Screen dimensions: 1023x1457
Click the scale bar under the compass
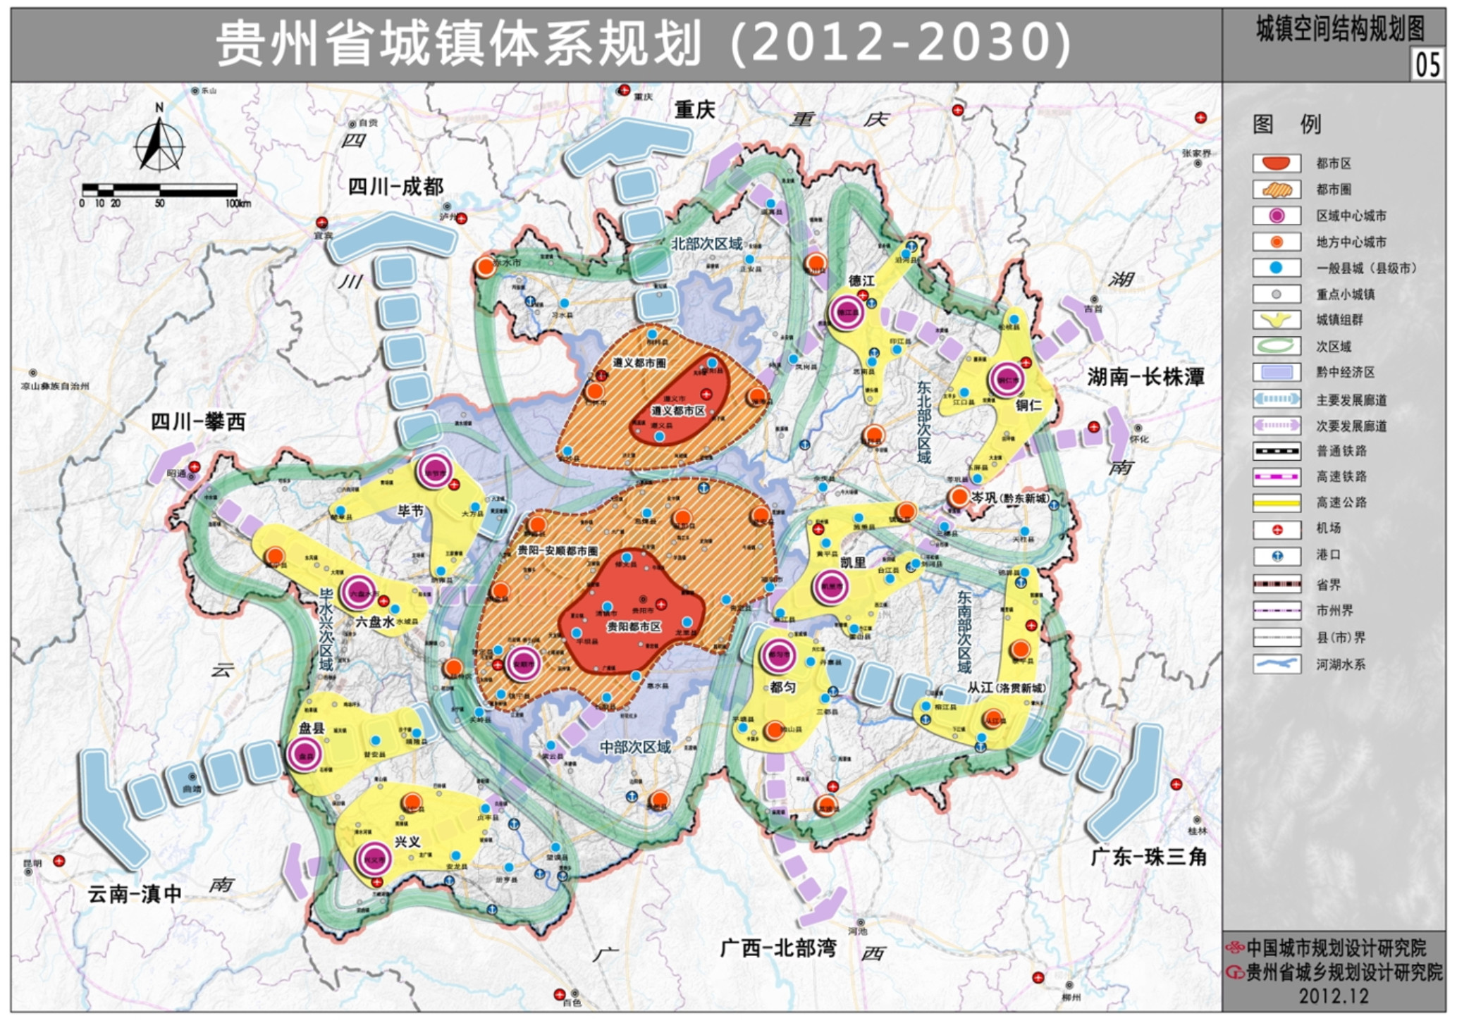[x=159, y=190]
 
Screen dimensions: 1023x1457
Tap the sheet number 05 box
[x=1427, y=65]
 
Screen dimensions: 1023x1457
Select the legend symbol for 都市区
[x=1276, y=163]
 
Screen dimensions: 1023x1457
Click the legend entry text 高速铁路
[x=1341, y=477]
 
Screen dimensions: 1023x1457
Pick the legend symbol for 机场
[x=1276, y=530]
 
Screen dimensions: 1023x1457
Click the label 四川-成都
[x=395, y=187]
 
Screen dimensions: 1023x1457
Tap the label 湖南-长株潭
[x=1145, y=377]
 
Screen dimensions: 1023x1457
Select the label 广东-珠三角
[x=1148, y=857]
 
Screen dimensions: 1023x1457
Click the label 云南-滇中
[x=134, y=894]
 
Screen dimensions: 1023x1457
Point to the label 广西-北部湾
[x=777, y=948]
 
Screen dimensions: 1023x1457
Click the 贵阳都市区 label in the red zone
[x=634, y=626]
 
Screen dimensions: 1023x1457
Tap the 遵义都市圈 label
[x=639, y=363]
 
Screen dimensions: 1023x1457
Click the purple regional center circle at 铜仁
[x=1006, y=380]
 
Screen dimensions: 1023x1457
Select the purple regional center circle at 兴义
[x=373, y=859]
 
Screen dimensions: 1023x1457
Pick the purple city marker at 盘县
[x=305, y=755]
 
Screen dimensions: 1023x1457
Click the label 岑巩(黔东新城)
[x=1009, y=498]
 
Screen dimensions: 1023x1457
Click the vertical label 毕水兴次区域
[x=326, y=630]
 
